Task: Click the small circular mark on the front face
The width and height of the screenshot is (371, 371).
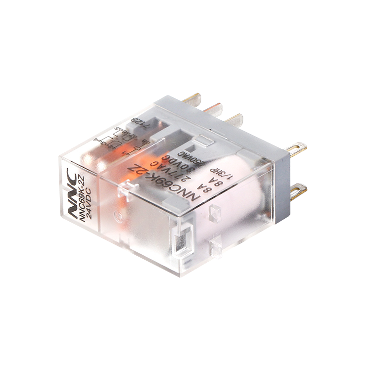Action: [x=118, y=216]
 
